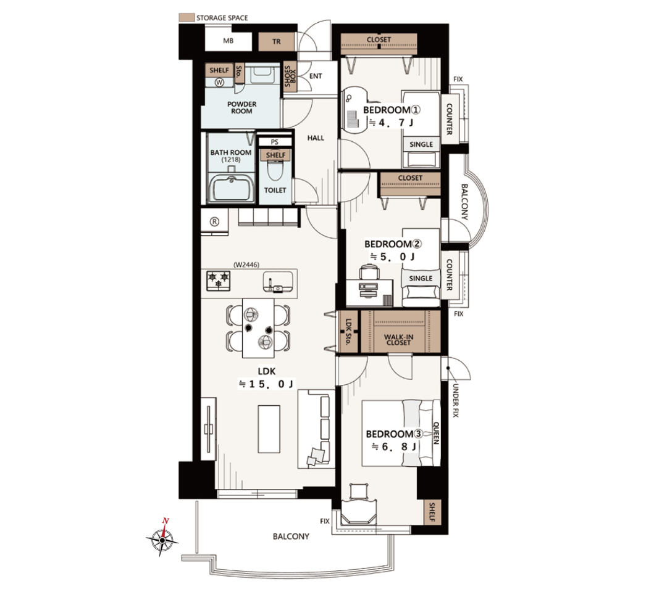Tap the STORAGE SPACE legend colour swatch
click(x=186, y=18)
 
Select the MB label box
click(x=228, y=41)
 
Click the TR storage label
click(x=277, y=41)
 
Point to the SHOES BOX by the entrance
click(x=290, y=76)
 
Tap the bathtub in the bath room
click(x=231, y=187)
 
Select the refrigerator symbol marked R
click(x=214, y=221)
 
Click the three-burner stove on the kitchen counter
click(x=219, y=281)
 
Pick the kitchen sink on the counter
click(x=278, y=282)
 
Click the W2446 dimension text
click(x=246, y=265)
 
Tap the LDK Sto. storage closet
click(x=349, y=331)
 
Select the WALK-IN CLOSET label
click(x=398, y=339)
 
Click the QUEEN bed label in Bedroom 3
click(x=436, y=433)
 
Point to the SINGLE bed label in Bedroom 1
click(x=421, y=144)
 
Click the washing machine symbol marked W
click(x=219, y=83)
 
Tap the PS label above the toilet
click(x=274, y=142)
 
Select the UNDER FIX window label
click(x=455, y=401)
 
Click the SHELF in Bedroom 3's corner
click(x=432, y=512)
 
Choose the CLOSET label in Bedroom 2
click(x=410, y=178)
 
